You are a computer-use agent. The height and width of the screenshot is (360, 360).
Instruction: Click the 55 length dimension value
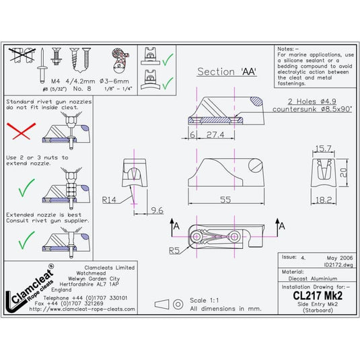pos(225,200)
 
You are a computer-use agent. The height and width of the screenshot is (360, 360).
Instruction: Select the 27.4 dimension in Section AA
pos(215,135)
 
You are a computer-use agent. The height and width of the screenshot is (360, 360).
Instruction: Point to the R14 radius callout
pos(112,200)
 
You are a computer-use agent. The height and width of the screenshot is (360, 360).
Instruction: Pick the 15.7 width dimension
pos(326,148)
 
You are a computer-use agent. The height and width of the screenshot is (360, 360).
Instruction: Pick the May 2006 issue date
pos(331,257)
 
